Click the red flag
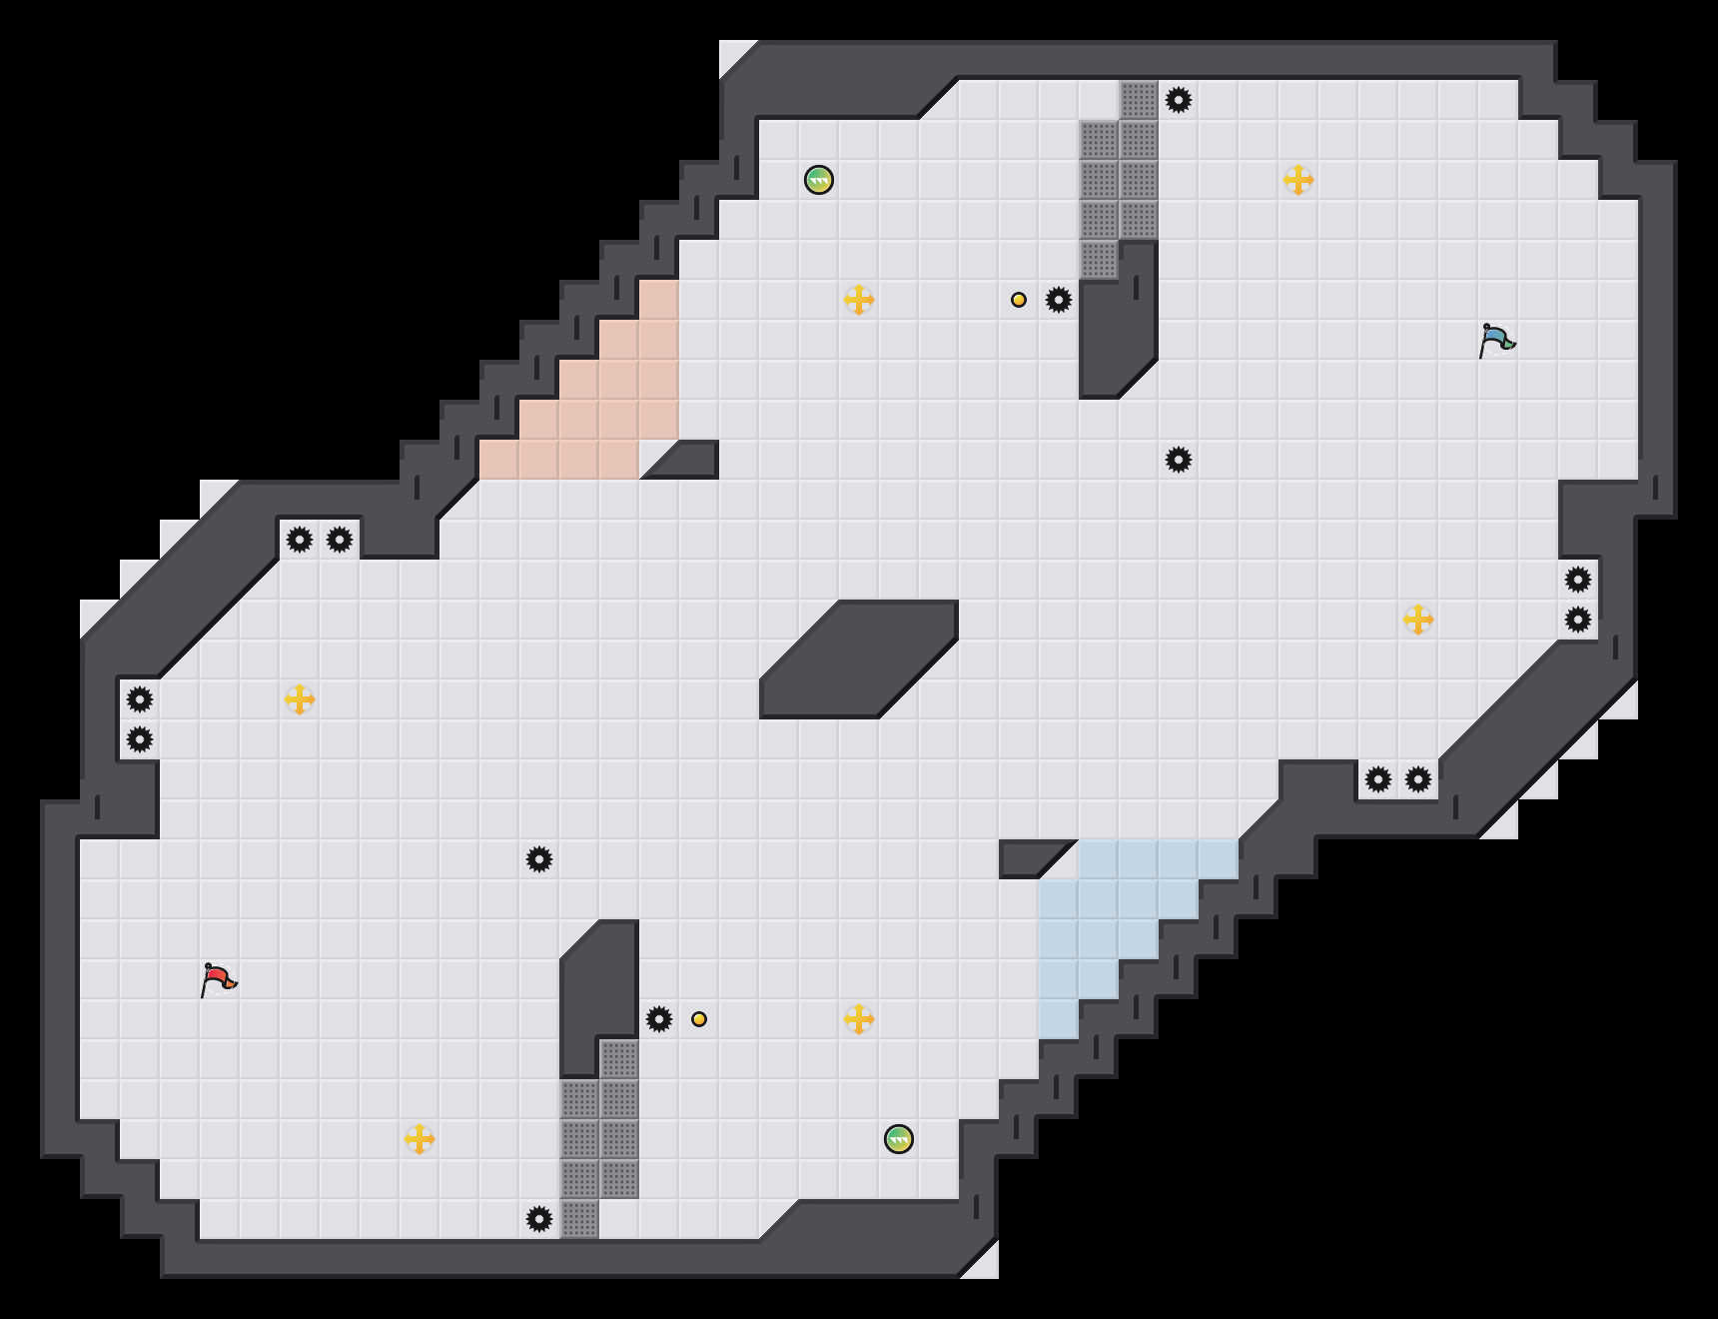218,979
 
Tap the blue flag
1496,340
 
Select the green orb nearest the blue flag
819,180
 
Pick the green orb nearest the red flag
899,1139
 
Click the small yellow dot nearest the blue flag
1019,300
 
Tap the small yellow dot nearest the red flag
699,1019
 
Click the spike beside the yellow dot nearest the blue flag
1059,300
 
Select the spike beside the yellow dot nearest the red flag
659,1019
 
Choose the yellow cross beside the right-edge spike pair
1418,620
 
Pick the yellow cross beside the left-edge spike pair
300,699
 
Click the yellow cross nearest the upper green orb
859,300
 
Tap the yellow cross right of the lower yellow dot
859,1019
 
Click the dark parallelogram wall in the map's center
859,659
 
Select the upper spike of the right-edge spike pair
1578,580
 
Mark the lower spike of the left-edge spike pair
140,739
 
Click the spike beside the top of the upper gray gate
1179,100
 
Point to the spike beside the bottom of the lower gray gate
539,1219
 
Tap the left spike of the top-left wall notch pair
300,540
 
